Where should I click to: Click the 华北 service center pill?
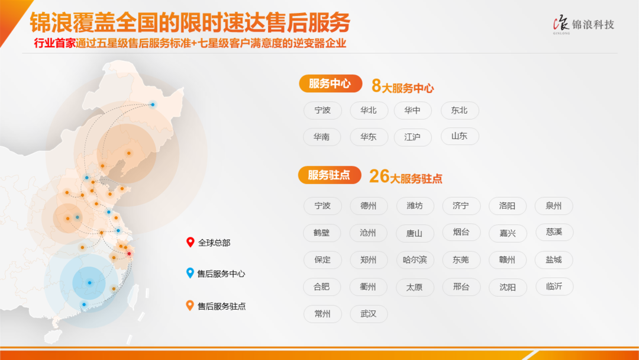[369, 111]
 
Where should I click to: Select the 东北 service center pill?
[460, 111]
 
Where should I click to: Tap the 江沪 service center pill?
[413, 137]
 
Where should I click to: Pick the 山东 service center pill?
[460, 136]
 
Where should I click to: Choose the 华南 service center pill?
[322, 137]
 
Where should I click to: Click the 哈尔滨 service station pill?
[415, 260]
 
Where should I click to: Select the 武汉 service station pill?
[369, 314]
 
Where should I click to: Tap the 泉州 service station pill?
[554, 206]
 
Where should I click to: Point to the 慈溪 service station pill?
[554, 232]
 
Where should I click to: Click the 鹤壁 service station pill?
[322, 233]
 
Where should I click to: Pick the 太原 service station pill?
[415, 287]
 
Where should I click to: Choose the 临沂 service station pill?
[554, 287]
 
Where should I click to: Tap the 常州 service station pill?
[323, 314]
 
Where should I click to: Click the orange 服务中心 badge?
[331, 83]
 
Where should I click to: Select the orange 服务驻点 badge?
[330, 175]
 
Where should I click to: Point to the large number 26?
[379, 176]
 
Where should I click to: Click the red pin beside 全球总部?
[190, 242]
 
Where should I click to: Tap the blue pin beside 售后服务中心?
[190, 273]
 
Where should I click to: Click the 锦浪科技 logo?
[583, 25]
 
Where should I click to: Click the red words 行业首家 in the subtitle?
[54, 43]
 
